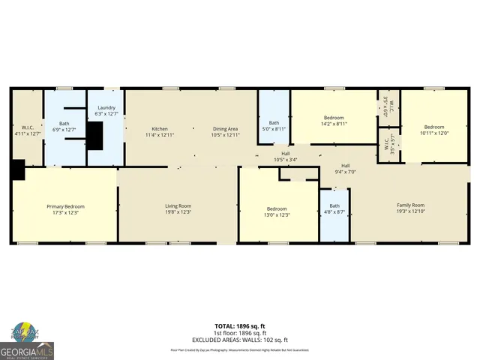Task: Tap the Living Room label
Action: coord(178,206)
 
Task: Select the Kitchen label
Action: coord(160,129)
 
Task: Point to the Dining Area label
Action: coord(225,129)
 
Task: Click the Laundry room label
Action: coord(106,108)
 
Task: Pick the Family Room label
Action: coord(410,205)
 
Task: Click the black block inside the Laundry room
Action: coord(94,134)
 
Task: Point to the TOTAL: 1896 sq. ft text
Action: coord(240,326)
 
